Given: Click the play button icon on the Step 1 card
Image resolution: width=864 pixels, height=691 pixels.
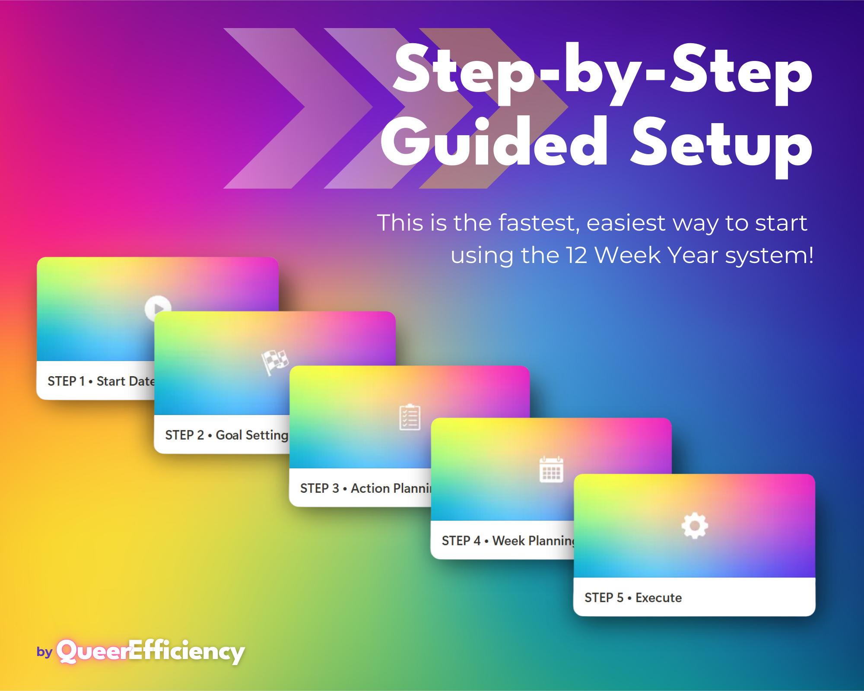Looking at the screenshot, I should pyautogui.click(x=158, y=308).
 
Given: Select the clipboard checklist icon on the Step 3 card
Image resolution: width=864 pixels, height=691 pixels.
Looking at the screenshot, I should pyautogui.click(x=410, y=417).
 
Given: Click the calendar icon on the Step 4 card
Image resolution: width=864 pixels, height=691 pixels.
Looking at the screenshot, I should pyautogui.click(x=551, y=469).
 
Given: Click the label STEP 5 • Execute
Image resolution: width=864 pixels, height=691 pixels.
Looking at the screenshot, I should pyautogui.click(x=633, y=598).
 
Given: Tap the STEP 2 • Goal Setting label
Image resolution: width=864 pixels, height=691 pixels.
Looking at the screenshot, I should pyautogui.click(x=226, y=435).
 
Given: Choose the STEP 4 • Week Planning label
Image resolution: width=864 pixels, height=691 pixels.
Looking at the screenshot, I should pyautogui.click(x=508, y=541).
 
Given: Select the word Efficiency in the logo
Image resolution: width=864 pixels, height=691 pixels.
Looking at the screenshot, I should pyautogui.click(x=187, y=652).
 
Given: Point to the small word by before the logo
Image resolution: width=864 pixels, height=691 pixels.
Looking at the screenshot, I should pyautogui.click(x=44, y=652).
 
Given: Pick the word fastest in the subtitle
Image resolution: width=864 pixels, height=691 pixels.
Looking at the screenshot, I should pyautogui.click(x=538, y=223).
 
